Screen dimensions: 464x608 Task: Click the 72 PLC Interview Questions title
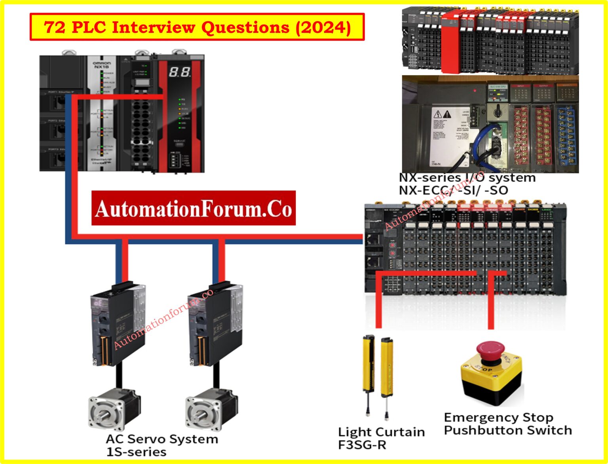[x=197, y=27]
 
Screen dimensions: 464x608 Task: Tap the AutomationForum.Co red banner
[x=193, y=208]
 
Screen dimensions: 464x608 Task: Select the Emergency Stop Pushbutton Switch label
[x=507, y=424]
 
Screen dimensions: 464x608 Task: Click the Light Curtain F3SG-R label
[x=381, y=438]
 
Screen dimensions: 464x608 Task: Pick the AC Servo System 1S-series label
[x=161, y=445]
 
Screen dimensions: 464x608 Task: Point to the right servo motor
[x=211, y=410]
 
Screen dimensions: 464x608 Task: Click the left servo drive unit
[x=118, y=325]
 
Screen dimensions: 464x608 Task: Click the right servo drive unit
[x=215, y=325]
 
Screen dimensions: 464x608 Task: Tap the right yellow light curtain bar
[x=386, y=366]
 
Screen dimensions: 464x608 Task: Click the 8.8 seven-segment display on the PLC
[x=180, y=72]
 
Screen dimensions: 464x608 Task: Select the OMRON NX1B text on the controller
[x=102, y=65]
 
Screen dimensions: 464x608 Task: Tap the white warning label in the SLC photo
[x=450, y=136]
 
